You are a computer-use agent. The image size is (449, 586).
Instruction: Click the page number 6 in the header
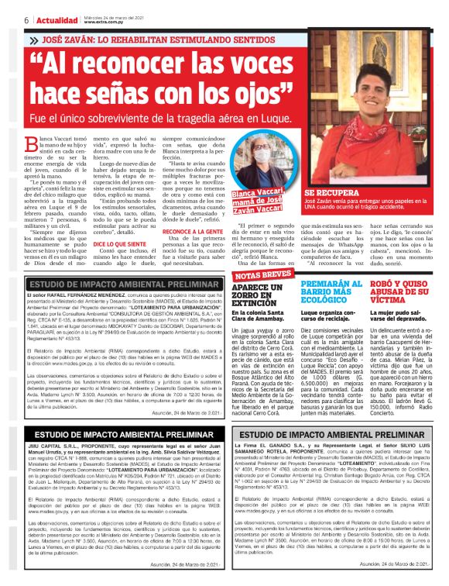(x=26, y=19)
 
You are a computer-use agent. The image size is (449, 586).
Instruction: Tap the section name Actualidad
(x=55, y=19)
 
